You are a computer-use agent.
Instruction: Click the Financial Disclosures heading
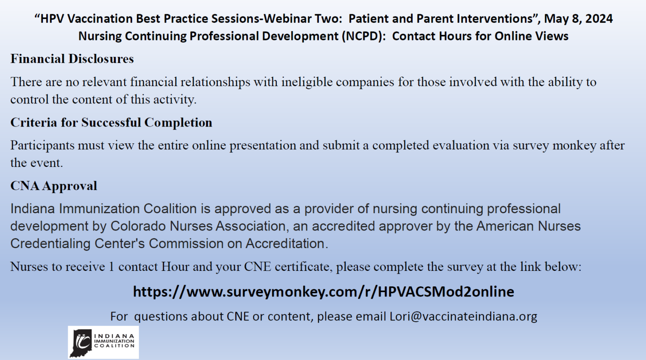[x=72, y=59]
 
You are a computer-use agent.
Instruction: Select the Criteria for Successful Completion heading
[x=111, y=122]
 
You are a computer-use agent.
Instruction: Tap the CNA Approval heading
[x=53, y=186]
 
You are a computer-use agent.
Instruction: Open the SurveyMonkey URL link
[x=323, y=291]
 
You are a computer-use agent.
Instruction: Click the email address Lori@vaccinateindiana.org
[x=463, y=316]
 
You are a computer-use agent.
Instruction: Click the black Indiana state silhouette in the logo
[x=81, y=342]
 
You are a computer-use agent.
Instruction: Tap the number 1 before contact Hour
[x=111, y=267]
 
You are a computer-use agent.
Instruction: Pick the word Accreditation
[x=285, y=244]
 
